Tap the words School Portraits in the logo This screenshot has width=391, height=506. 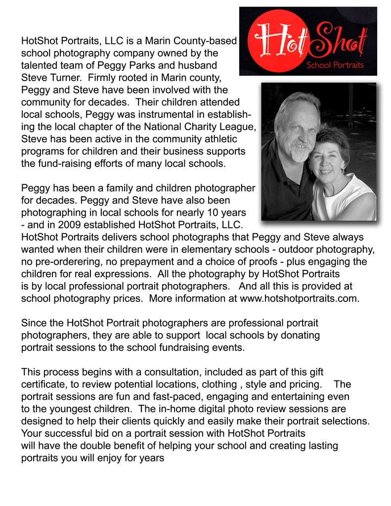[x=335, y=65]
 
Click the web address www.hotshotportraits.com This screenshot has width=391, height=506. [x=299, y=298]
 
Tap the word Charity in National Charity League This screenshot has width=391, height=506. [x=198, y=126]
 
